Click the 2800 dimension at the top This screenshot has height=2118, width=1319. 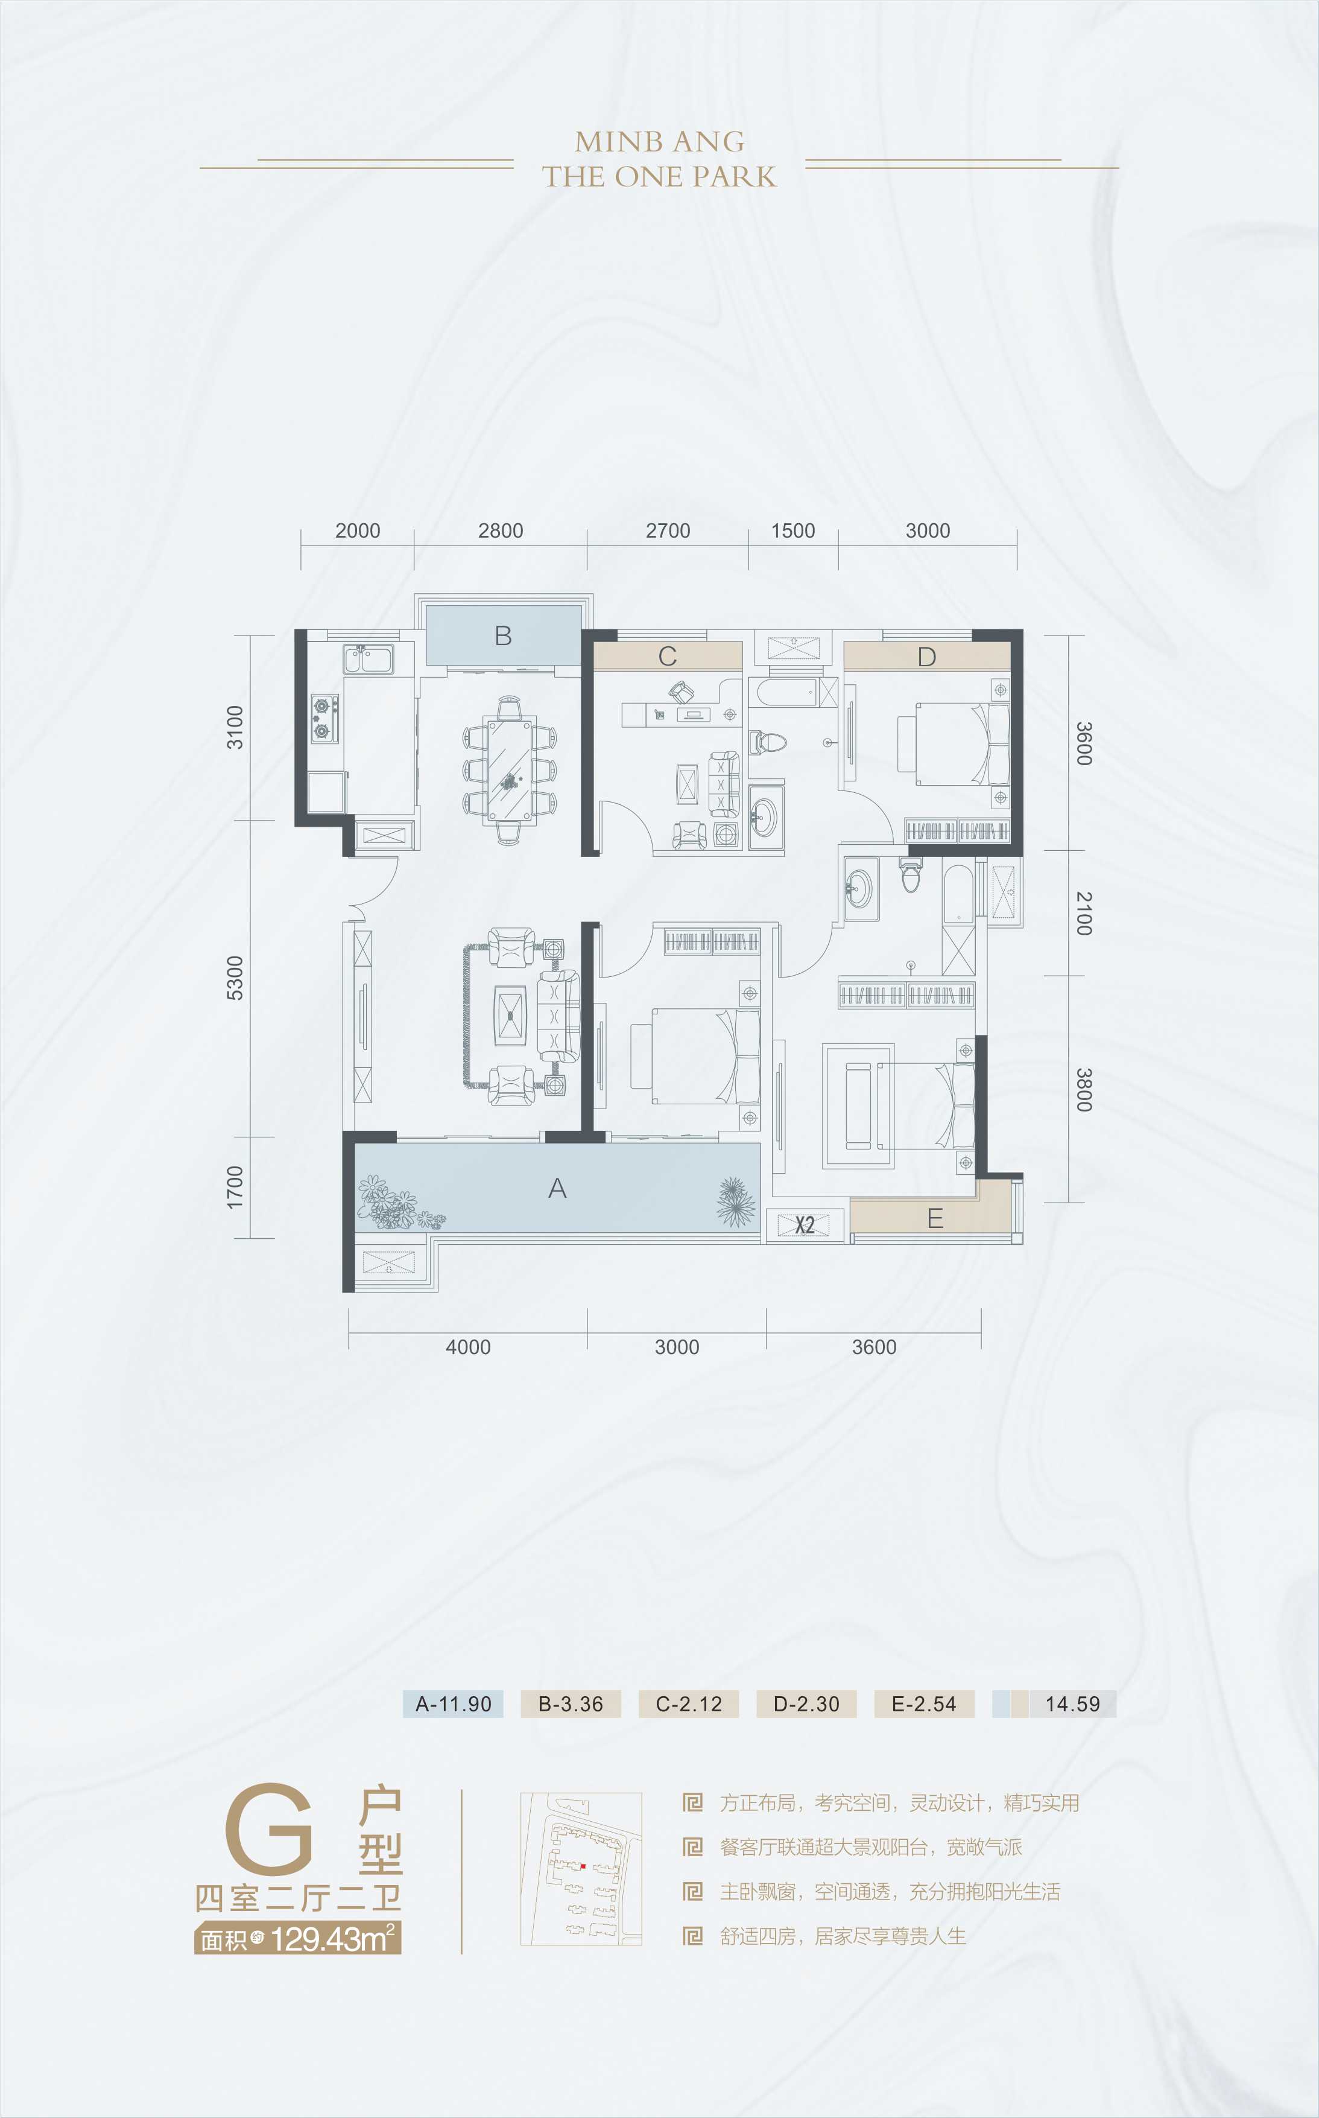pyautogui.click(x=500, y=530)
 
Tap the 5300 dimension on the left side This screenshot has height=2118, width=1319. pyautogui.click(x=235, y=978)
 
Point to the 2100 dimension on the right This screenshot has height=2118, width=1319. pyautogui.click(x=1083, y=913)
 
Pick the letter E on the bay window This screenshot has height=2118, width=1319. pyautogui.click(x=934, y=1218)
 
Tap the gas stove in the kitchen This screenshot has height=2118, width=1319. pyautogui.click(x=324, y=718)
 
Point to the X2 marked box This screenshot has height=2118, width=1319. pyautogui.click(x=805, y=1224)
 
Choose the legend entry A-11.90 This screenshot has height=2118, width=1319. pyautogui.click(x=453, y=1703)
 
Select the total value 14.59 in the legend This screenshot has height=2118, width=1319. pyautogui.click(x=1072, y=1703)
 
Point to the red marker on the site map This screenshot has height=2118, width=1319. pyautogui.click(x=583, y=1866)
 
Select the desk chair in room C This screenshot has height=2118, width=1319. pyautogui.click(x=682, y=693)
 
